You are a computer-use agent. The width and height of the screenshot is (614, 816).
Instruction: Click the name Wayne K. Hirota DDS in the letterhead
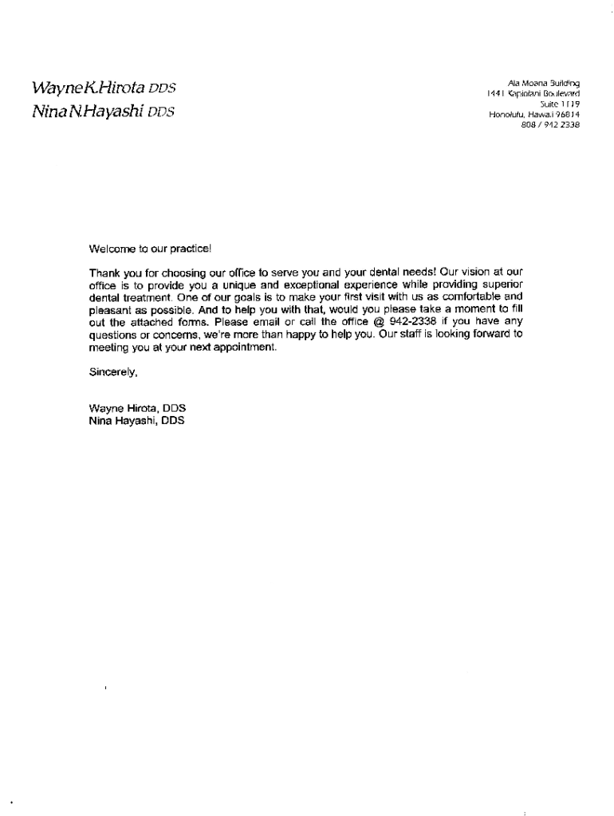[x=103, y=87]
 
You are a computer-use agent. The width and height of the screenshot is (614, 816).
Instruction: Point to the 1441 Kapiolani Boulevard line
[x=533, y=93]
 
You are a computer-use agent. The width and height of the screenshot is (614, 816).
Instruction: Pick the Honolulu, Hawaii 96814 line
[x=533, y=114]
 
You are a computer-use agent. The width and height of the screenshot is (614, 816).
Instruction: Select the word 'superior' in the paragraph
[x=502, y=284]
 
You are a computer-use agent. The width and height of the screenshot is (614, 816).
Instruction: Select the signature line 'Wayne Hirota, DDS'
[x=137, y=408]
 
